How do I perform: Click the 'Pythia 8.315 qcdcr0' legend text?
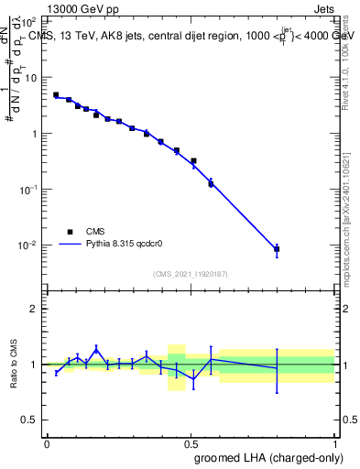tap(125, 245)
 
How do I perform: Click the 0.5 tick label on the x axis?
tap(191, 443)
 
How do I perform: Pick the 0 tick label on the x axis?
tap(47, 443)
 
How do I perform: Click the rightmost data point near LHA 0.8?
tap(277, 249)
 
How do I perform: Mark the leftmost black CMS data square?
tap(56, 94)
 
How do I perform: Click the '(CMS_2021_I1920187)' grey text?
tap(191, 274)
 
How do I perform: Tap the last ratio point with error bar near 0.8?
tap(277, 367)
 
